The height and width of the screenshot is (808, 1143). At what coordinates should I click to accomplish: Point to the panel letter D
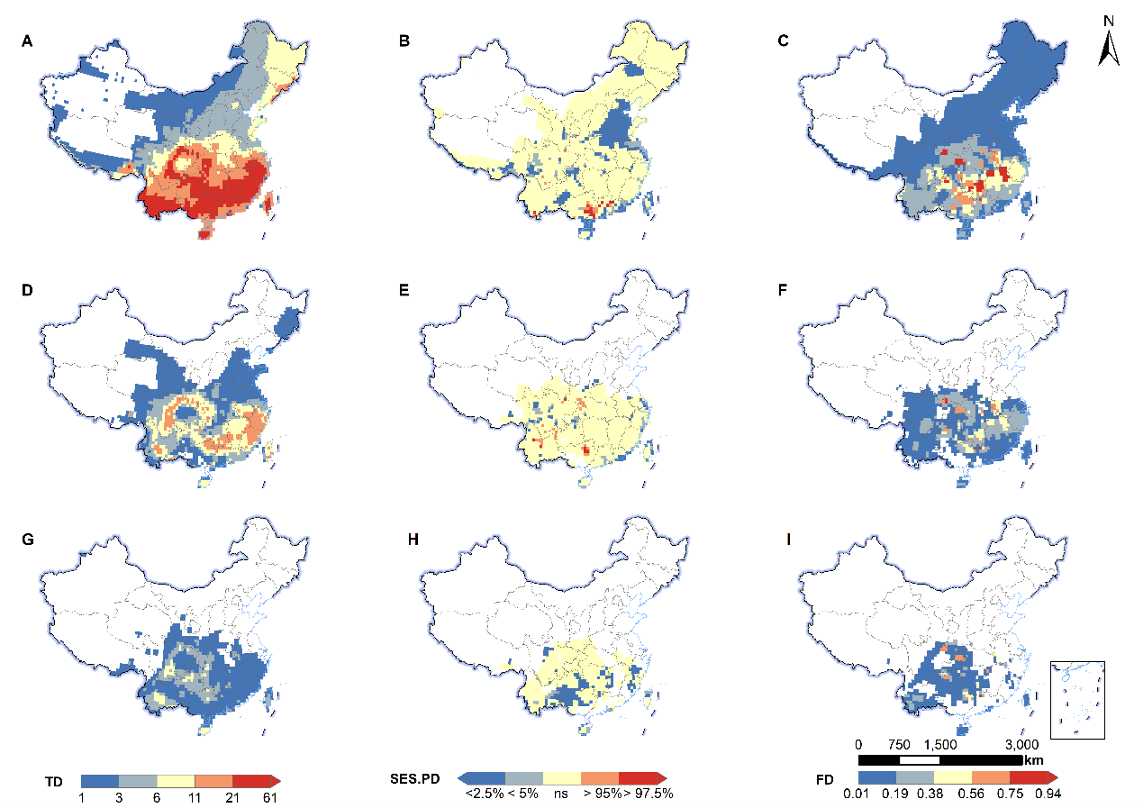point(28,293)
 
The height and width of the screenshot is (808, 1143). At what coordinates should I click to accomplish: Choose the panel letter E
point(405,293)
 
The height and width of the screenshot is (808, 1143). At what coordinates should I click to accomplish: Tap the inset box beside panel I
point(1077,700)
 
